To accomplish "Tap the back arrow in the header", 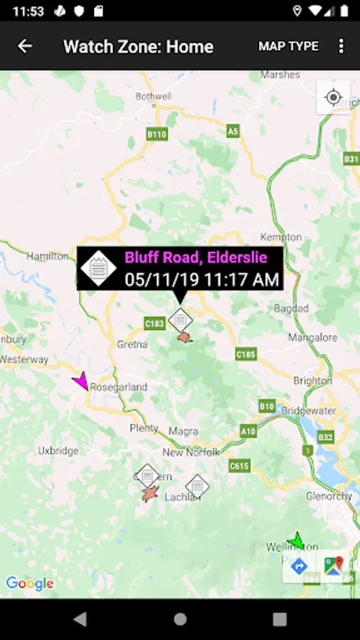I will (25, 46).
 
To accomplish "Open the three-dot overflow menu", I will (341, 46).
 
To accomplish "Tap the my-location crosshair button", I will (334, 97).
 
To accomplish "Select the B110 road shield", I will (157, 134).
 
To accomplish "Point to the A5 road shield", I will (233, 131).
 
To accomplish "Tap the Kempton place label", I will (281, 237).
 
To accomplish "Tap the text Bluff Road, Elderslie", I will (196, 257).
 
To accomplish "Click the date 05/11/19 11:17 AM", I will (202, 279).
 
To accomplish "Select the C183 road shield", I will (154, 324).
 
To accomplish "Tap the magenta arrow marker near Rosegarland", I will (82, 381).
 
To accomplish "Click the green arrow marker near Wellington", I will (296, 541).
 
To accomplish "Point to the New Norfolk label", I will (191, 452).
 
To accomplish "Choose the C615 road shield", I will (239, 466).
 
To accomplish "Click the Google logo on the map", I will (30, 584).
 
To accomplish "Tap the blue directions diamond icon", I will (299, 566).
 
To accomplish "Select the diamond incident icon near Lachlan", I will (197, 486).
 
